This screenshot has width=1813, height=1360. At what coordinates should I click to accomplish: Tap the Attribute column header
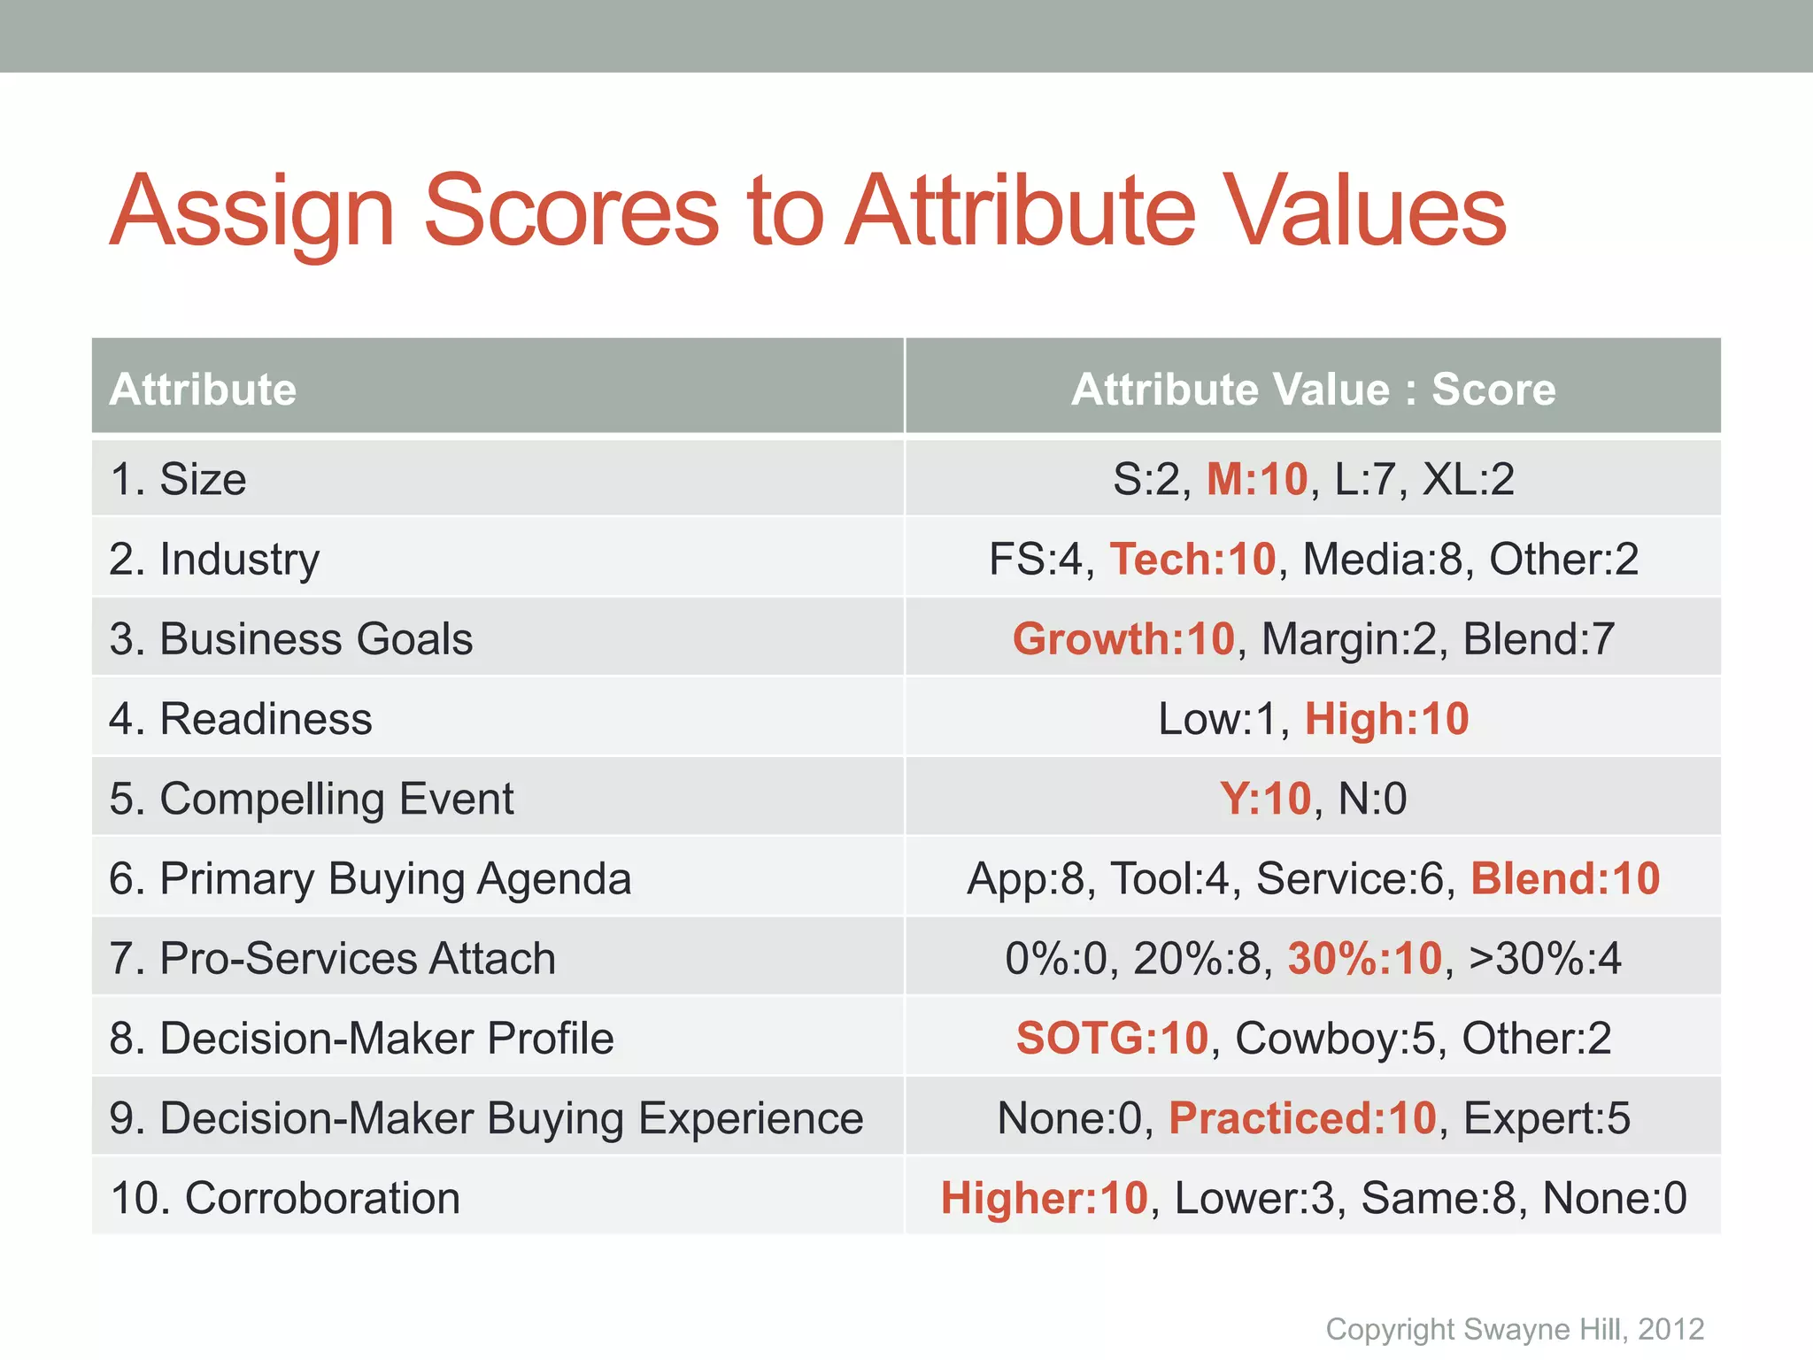pyautogui.click(x=203, y=390)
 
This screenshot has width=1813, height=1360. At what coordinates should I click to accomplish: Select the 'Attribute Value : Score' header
pyautogui.click(x=1313, y=390)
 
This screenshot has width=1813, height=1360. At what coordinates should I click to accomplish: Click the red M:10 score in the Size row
pyautogui.click(x=1257, y=479)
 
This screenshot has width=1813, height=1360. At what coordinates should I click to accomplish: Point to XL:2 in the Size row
pyautogui.click(x=1468, y=479)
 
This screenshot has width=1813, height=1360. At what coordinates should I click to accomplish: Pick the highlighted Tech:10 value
pyautogui.click(x=1192, y=559)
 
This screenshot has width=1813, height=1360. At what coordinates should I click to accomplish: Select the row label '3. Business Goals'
pyautogui.click(x=291, y=638)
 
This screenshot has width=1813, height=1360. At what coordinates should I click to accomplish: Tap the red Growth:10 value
pyautogui.click(x=1123, y=638)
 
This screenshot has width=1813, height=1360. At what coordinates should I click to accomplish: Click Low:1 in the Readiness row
pyautogui.click(x=1217, y=718)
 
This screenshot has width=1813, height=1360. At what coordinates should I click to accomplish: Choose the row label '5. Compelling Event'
pyautogui.click(x=312, y=799)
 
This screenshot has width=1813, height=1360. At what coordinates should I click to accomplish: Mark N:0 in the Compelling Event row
pyautogui.click(x=1372, y=799)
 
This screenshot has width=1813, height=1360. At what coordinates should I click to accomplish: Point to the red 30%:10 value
pyautogui.click(x=1364, y=958)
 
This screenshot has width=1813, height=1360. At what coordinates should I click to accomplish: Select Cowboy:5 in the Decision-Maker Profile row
pyautogui.click(x=1335, y=1038)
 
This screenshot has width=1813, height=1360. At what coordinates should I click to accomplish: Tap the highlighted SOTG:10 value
pyautogui.click(x=1112, y=1038)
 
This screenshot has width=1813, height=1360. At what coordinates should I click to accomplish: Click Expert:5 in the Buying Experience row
pyautogui.click(x=1546, y=1117)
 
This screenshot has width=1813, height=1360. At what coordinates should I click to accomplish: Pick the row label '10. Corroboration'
pyautogui.click(x=285, y=1198)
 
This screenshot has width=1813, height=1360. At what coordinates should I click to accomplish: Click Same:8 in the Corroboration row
pyautogui.click(x=1439, y=1198)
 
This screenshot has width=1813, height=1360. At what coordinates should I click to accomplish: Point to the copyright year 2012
pyautogui.click(x=1670, y=1329)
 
